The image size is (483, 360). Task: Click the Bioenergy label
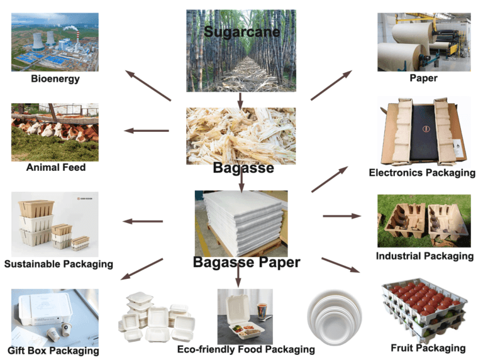[55, 79]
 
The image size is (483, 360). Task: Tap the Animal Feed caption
[55, 168]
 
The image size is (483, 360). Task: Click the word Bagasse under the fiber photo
[243, 168]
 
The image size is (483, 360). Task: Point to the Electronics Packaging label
[422, 173]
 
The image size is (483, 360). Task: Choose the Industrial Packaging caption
[425, 256]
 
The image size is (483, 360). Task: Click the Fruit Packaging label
[428, 347]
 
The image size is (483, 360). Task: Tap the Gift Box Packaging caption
[53, 351]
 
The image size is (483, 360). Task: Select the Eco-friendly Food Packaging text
[245, 349]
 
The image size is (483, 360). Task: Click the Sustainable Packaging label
[58, 264]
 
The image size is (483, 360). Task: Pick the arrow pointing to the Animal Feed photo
[147, 131]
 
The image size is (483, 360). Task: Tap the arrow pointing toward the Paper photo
[331, 85]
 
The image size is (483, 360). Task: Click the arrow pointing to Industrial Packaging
[341, 216]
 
